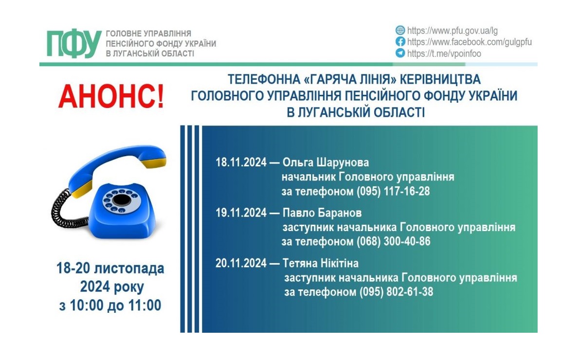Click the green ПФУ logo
point(74,43)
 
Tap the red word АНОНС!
point(111,96)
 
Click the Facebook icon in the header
point(400,42)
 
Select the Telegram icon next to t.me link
point(400,53)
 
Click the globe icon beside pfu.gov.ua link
point(400,30)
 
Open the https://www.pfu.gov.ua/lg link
point(452,31)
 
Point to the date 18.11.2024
point(241,162)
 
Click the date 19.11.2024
point(241,213)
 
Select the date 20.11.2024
point(241,263)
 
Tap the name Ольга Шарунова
point(325,162)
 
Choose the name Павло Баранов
point(322,213)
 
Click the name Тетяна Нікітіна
point(320,263)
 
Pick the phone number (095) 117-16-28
point(393,191)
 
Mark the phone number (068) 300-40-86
point(393,241)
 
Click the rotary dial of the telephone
point(121,201)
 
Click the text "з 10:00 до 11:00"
point(110,306)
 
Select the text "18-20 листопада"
point(110,268)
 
